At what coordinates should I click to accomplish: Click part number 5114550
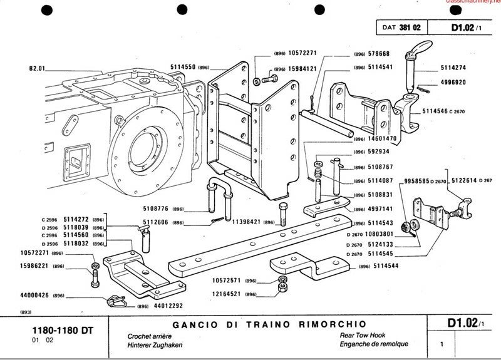click(182, 66)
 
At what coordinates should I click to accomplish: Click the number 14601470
click(384, 138)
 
